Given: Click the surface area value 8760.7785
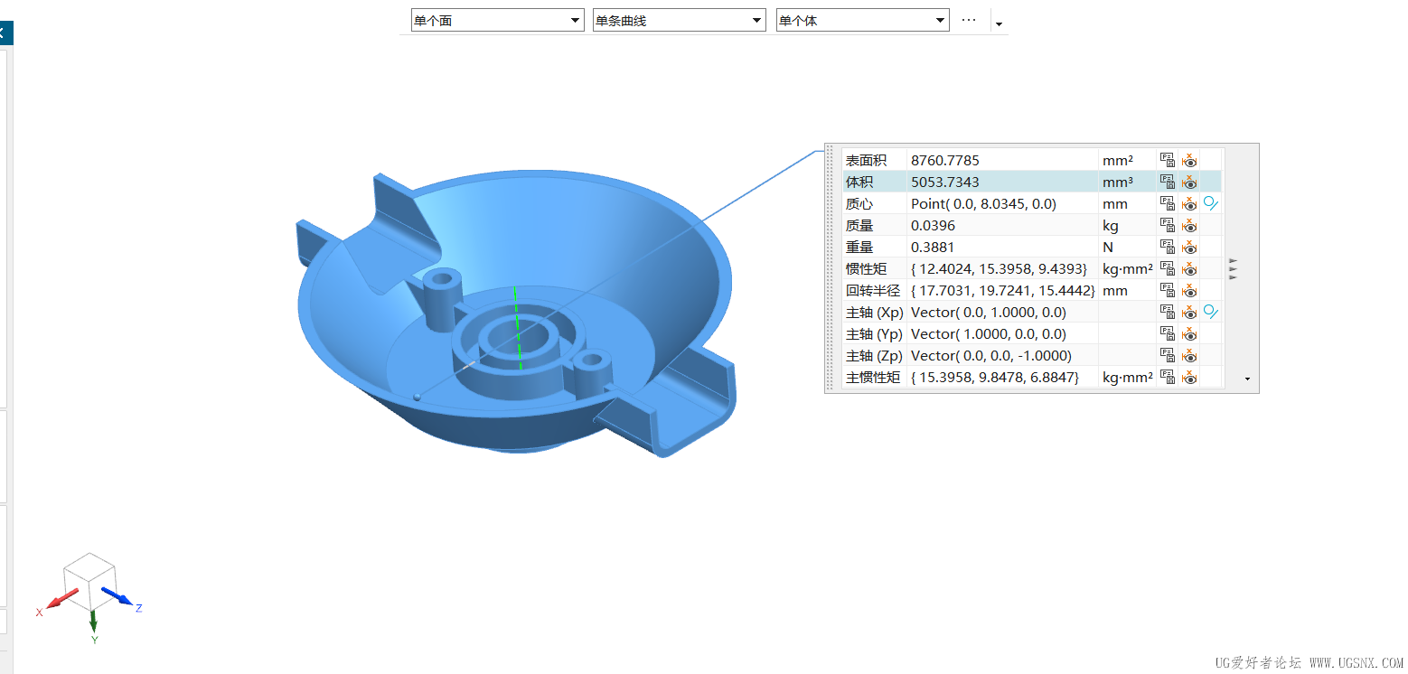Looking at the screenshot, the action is pyautogui.click(x=944, y=160).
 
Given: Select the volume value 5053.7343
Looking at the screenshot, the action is pyautogui.click(x=944, y=183).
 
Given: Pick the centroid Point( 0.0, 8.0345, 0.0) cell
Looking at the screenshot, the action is pyautogui.click(x=983, y=203).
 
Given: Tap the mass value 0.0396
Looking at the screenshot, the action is pyautogui.click(x=933, y=226).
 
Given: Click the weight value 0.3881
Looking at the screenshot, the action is pyautogui.click(x=932, y=248).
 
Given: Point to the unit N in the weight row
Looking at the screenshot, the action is pyautogui.click(x=1108, y=248).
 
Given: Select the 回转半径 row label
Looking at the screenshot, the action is pyautogui.click(x=872, y=291).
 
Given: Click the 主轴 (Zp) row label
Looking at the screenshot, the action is pyautogui.click(x=874, y=356).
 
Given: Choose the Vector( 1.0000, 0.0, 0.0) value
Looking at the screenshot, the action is pyautogui.click(x=988, y=334).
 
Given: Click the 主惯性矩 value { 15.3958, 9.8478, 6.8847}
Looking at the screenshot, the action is pyautogui.click(x=994, y=378).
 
